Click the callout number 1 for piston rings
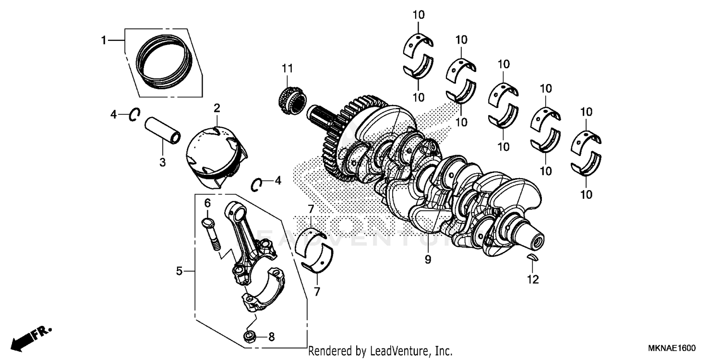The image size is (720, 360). (103, 41)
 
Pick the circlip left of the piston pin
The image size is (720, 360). (134, 115)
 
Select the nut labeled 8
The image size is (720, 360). (250, 336)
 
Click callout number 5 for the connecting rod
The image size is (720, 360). (179, 272)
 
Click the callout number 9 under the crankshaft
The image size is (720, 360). (428, 260)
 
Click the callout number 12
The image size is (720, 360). (533, 279)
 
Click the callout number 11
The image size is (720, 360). (287, 69)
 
